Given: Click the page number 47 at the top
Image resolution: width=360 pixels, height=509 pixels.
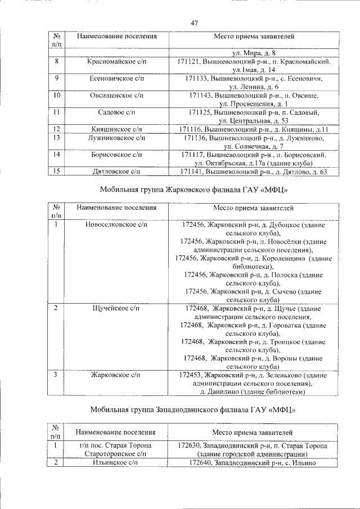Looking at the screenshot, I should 194,23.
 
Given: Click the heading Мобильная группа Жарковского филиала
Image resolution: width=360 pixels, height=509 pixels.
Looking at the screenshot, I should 194,190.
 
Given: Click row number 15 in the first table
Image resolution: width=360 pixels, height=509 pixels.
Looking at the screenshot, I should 57,172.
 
